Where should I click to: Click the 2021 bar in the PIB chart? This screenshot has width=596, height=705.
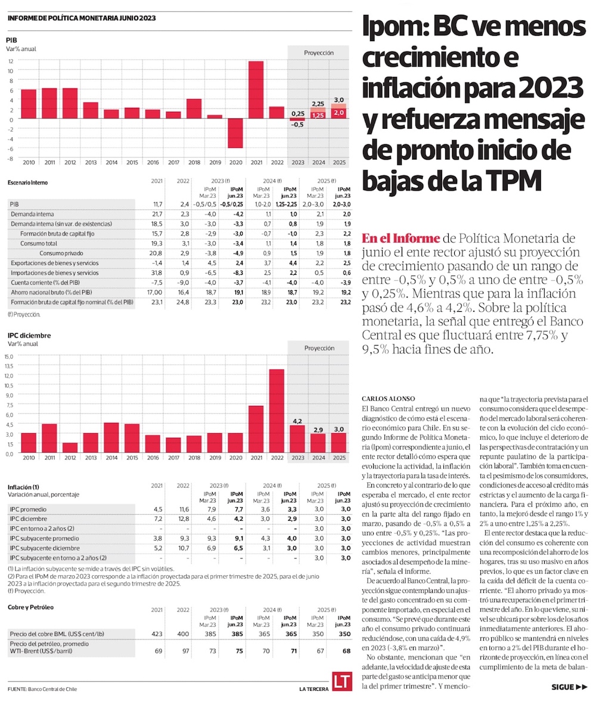tap(256, 90)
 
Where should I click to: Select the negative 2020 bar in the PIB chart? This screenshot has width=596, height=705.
tap(235, 133)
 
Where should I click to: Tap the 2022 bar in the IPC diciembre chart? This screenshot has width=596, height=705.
tap(277, 411)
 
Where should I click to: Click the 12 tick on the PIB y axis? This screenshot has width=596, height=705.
tap(11, 61)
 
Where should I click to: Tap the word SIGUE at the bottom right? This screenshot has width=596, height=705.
tap(562, 687)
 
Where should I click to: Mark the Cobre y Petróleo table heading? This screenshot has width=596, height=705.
tap(31, 607)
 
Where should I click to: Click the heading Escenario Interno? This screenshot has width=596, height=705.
tap(28, 182)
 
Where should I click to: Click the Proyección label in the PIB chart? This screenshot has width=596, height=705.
tap(318, 52)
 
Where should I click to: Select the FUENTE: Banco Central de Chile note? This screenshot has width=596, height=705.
tap(42, 689)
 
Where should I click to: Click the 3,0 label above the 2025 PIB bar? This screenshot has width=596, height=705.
tap(339, 100)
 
